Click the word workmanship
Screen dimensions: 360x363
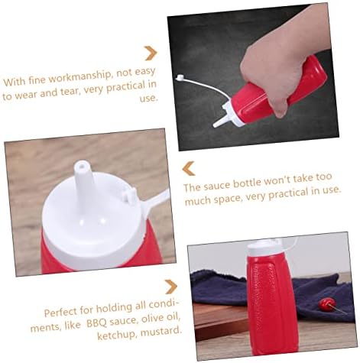pyautogui.click(x=79, y=77)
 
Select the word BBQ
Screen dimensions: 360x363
pyautogui.click(x=96, y=323)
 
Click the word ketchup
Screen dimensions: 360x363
pyautogui.click(x=116, y=335)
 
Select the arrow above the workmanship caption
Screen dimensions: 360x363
pyautogui.click(x=151, y=53)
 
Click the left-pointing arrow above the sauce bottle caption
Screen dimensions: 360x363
pyautogui.click(x=189, y=168)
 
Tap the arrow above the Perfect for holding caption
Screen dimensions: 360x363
pyautogui.click(x=171, y=287)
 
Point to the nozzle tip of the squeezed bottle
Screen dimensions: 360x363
pyautogui.click(x=215, y=125)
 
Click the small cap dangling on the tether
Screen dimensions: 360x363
pyautogui.click(x=180, y=77)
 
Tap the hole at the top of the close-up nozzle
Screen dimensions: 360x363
pyautogui.click(x=81, y=166)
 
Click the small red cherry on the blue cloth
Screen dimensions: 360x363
pyautogui.click(x=325, y=303)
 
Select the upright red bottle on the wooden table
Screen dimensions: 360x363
pyautogui.click(x=271, y=298)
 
